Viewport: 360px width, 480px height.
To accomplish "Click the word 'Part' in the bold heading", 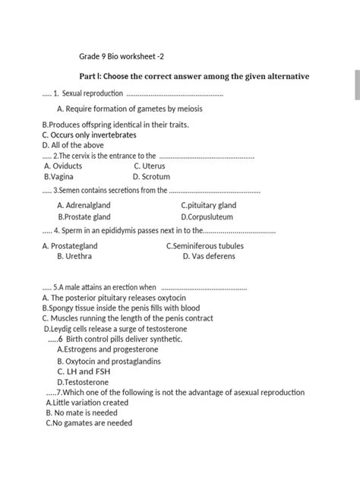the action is coord(90,77).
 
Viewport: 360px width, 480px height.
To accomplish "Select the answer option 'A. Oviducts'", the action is coord(64,165).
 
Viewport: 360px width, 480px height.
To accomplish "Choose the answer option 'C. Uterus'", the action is coord(149,165).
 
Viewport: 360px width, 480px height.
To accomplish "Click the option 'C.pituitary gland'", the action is coord(208,205).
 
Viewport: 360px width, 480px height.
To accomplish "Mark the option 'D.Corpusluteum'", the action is coord(207,216).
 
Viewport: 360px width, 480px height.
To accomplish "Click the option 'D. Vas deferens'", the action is coord(209,257).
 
